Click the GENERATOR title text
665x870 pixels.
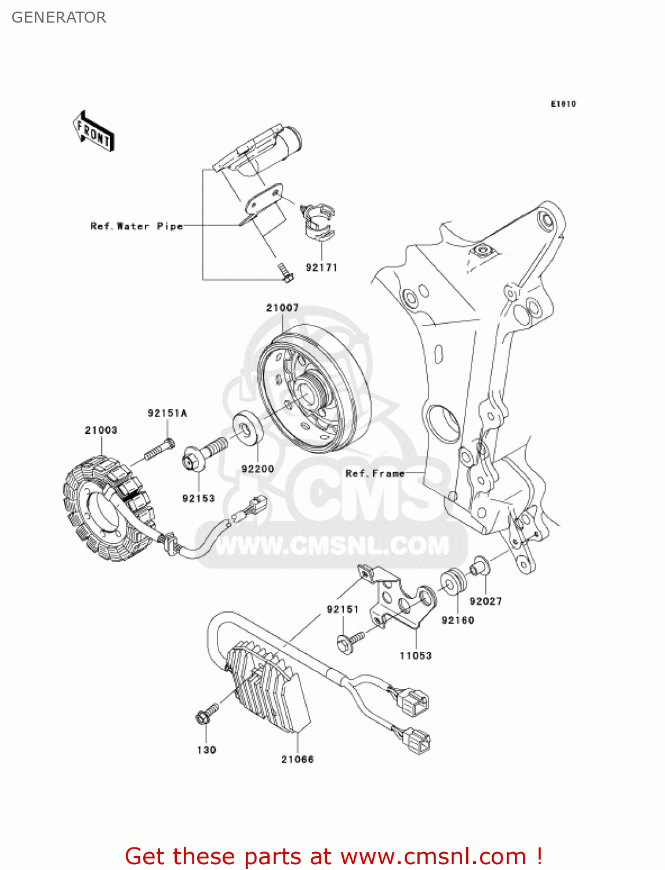pyautogui.click(x=59, y=17)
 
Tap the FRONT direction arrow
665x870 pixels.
pyautogui.click(x=93, y=132)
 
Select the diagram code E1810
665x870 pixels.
pyautogui.click(x=563, y=104)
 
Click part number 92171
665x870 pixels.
pyautogui.click(x=321, y=267)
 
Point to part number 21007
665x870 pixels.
pyautogui.click(x=282, y=308)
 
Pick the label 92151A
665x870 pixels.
pyautogui.click(x=167, y=413)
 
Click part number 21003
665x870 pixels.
pyautogui.click(x=101, y=430)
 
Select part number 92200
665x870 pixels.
pyautogui.click(x=257, y=469)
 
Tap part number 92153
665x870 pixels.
pyautogui.click(x=198, y=498)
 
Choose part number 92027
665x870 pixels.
pyautogui.click(x=485, y=601)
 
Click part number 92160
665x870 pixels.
pyautogui.click(x=457, y=620)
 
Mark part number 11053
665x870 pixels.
pyautogui.click(x=415, y=655)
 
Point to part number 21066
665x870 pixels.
pyautogui.click(x=297, y=759)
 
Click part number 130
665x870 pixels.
pyautogui.click(x=206, y=750)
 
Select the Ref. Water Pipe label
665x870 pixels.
pyautogui.click(x=136, y=226)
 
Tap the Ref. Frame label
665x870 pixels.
pyautogui.click(x=375, y=473)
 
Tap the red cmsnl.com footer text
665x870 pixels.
pyautogui.click(x=333, y=856)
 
